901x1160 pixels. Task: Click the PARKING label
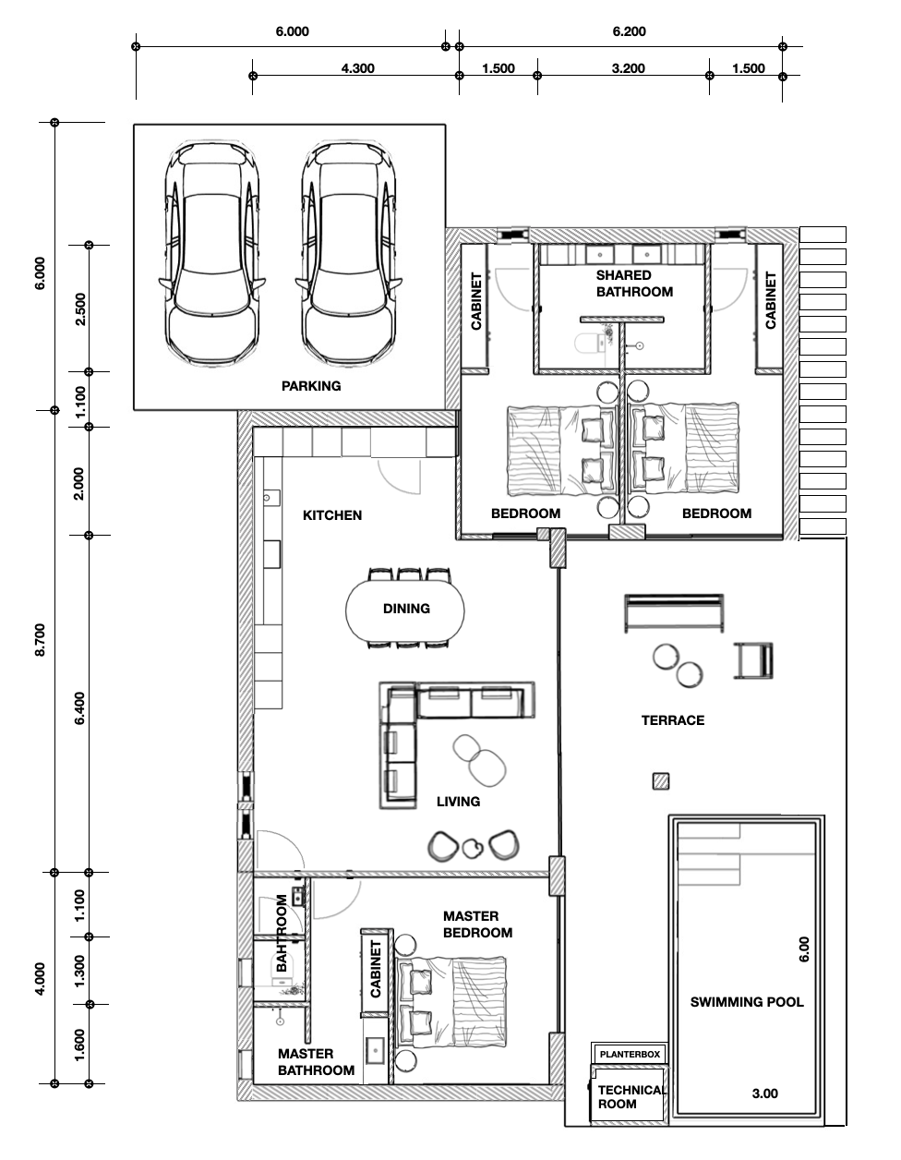click(x=311, y=385)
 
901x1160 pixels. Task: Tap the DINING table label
click(x=406, y=609)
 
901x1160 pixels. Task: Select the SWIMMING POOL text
click(x=747, y=1002)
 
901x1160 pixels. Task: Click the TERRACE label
click(x=673, y=720)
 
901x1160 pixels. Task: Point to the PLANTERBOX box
click(x=630, y=1055)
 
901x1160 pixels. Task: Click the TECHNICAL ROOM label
click(x=631, y=1097)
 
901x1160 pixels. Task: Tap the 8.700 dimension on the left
click(x=40, y=639)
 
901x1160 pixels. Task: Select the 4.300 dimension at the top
click(x=357, y=68)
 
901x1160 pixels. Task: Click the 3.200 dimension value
click(x=629, y=68)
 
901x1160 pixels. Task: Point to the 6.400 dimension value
click(x=79, y=707)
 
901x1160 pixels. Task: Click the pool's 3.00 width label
click(x=765, y=1094)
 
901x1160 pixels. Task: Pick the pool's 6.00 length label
click(x=804, y=949)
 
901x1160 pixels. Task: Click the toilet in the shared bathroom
click(x=590, y=344)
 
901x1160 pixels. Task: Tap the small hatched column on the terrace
click(x=661, y=781)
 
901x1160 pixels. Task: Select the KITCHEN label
click(x=332, y=515)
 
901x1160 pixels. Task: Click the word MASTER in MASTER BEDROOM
click(x=471, y=916)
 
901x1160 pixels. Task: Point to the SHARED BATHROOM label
click(x=634, y=284)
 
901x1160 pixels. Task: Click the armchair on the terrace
click(x=753, y=660)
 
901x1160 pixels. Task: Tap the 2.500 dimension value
click(x=80, y=308)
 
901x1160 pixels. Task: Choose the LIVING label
click(x=458, y=802)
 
